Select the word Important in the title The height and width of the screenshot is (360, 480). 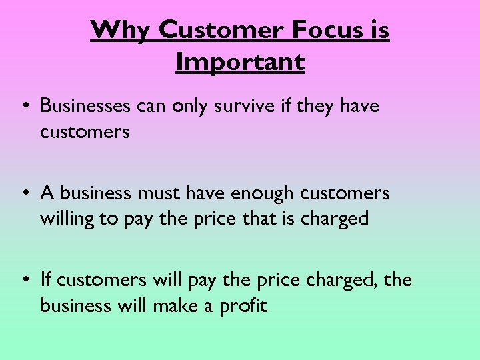240,62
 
